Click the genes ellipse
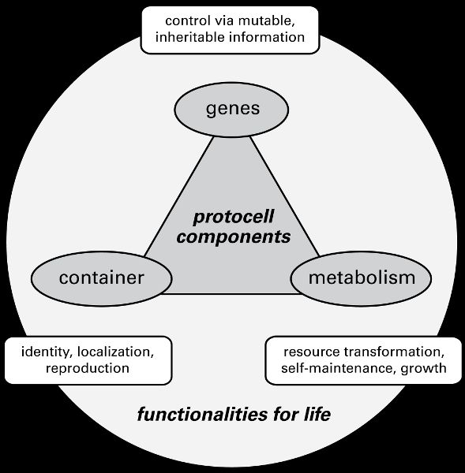pyautogui.click(x=231, y=110)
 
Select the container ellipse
pyautogui.click(x=102, y=279)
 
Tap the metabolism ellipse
pyautogui.click(x=361, y=279)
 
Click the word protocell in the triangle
pyautogui.click(x=233, y=218)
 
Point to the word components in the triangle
pyautogui.click(x=233, y=237)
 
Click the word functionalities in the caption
pyautogui.click(x=202, y=414)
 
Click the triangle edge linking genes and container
pyautogui.click(x=179, y=196)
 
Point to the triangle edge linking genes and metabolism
pyautogui.click(x=285, y=196)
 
